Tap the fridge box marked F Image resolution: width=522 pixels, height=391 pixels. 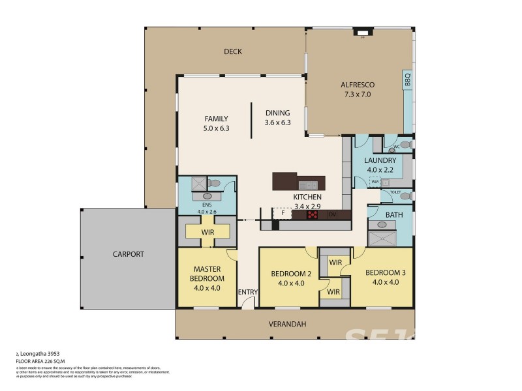point(282,213)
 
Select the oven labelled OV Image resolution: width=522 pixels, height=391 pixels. point(331,214)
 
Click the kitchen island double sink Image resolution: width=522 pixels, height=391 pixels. point(307,184)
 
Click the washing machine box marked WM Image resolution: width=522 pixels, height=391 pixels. point(375,182)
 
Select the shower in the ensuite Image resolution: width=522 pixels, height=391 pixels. point(197,184)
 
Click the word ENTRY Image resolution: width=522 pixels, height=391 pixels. point(248,291)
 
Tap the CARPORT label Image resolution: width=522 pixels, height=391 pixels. point(128,254)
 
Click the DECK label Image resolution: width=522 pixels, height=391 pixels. point(232,52)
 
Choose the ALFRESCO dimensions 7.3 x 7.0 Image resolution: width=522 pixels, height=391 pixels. point(356,94)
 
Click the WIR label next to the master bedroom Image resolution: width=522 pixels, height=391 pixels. point(208,231)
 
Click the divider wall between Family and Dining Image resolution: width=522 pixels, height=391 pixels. point(253,119)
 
